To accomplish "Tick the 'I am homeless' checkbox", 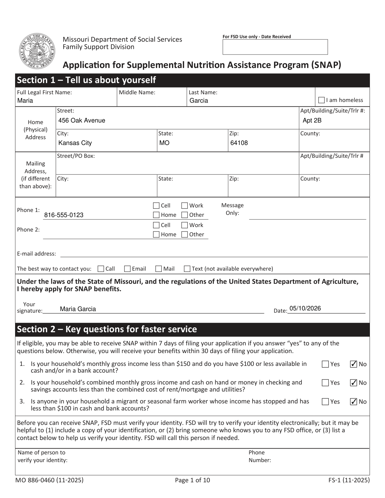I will (321, 100).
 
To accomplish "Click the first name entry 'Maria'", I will (25, 101).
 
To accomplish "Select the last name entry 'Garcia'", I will (199, 101).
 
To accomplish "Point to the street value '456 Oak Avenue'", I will (82, 121).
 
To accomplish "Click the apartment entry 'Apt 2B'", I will (312, 121).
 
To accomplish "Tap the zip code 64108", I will (239, 143).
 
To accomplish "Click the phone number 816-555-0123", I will (64, 215).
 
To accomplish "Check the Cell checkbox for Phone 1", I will (156, 206).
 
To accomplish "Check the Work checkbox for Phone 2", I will (184, 225).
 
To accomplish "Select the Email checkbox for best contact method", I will (127, 269).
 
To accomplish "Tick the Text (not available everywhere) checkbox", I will (187, 269).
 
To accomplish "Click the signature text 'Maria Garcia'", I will (78, 309).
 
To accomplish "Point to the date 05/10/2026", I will (305, 308).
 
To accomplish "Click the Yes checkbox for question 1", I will (325, 364).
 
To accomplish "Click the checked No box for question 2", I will (354, 383).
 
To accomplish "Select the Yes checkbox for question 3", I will (325, 401).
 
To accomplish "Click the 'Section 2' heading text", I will (107, 329).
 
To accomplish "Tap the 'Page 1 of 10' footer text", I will (193, 480).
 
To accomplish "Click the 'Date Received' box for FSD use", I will (275, 47).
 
